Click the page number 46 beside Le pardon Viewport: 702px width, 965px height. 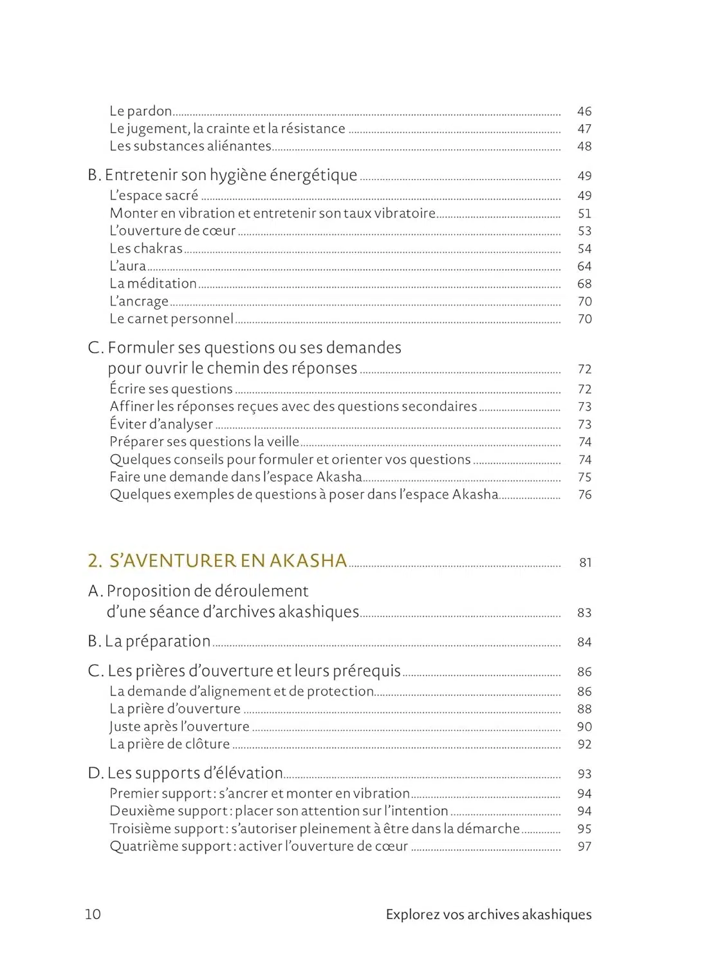click(584, 111)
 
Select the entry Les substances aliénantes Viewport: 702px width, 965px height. click(190, 146)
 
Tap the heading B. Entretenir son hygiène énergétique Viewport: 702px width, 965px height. click(223, 175)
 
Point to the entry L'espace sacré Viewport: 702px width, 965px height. click(154, 196)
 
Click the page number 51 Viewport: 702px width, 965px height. click(584, 214)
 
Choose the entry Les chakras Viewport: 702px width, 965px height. click(146, 248)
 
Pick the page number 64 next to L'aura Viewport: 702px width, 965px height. click(584, 266)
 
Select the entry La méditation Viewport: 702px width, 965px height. click(153, 284)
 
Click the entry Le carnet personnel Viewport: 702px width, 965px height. click(171, 319)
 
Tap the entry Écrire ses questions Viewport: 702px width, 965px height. click(171, 389)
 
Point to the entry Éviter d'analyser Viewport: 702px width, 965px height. click(161, 425)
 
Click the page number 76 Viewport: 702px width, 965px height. click(584, 495)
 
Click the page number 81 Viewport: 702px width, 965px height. click(585, 563)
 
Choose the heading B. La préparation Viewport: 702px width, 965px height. click(149, 641)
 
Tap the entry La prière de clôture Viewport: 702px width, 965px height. click(169, 744)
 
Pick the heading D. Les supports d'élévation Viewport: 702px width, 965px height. click(185, 773)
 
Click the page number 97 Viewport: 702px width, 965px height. click(584, 847)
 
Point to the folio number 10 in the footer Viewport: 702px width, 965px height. click(93, 914)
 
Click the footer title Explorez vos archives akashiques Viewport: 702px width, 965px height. click(488, 915)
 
